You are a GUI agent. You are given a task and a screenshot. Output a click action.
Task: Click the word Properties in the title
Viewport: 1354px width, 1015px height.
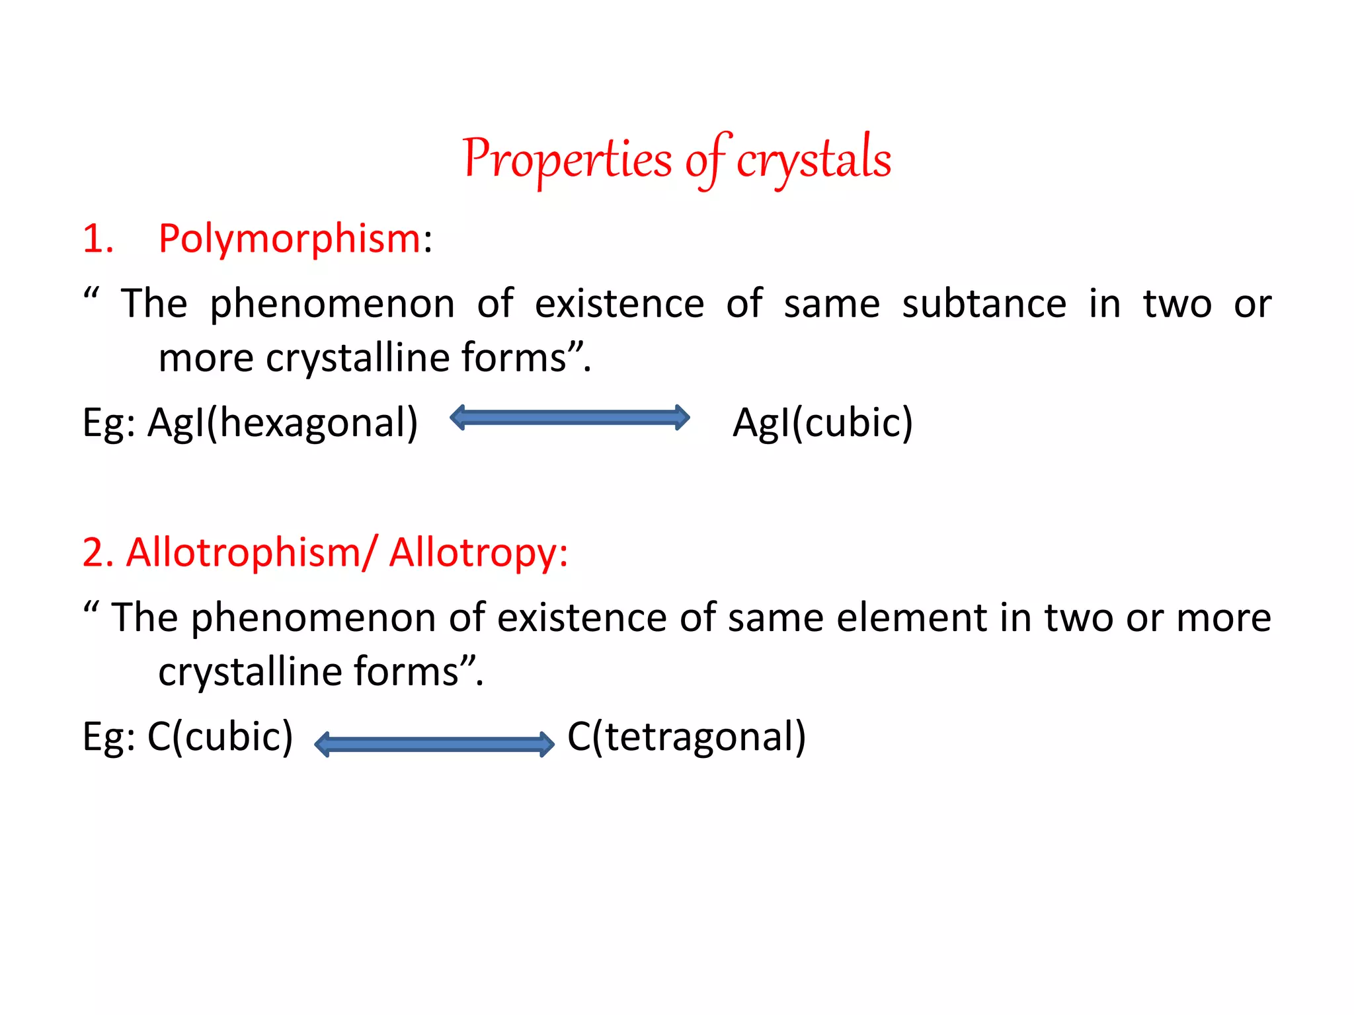pyautogui.click(x=567, y=160)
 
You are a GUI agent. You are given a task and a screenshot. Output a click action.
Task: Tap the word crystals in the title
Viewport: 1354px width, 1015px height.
pyautogui.click(x=814, y=160)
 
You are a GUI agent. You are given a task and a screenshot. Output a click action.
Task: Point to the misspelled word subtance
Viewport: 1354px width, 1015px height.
pyautogui.click(x=984, y=304)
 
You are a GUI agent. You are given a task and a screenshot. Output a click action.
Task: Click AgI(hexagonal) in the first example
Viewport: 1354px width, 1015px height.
pyautogui.click(x=282, y=423)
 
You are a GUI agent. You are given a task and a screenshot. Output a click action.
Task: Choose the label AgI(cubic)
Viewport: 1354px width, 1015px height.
pyautogui.click(x=822, y=423)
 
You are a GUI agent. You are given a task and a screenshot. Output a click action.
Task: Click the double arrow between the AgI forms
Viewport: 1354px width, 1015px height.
pyautogui.click(x=569, y=418)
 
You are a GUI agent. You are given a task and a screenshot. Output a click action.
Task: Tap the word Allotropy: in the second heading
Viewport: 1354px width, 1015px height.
pyautogui.click(x=478, y=552)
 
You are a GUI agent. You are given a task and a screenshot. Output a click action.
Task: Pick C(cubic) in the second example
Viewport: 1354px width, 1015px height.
pyautogui.click(x=219, y=736)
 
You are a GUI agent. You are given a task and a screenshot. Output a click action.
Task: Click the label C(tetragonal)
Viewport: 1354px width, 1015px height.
pyautogui.click(x=686, y=736)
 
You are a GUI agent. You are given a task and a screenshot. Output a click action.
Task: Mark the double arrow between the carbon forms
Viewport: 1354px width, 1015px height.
pyautogui.click(x=434, y=745)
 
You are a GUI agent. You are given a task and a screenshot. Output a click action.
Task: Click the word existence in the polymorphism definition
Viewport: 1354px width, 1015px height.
pyautogui.click(x=619, y=304)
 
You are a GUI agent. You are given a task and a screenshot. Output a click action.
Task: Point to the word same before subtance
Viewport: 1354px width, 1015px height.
pyautogui.click(x=832, y=304)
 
